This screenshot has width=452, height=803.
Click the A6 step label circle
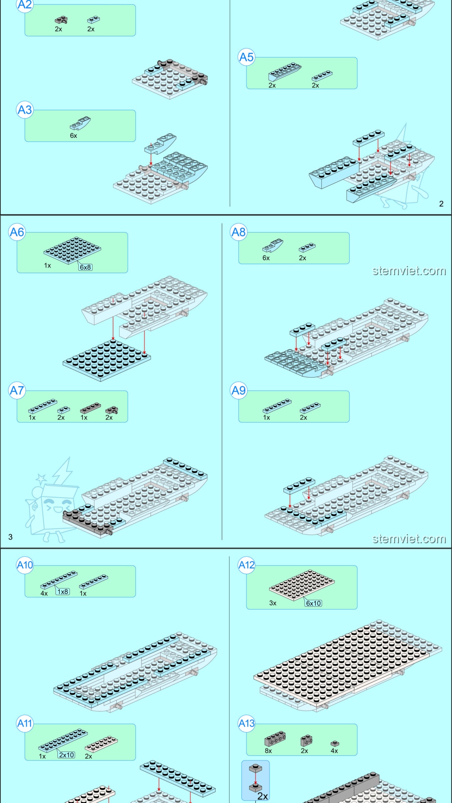tap(17, 232)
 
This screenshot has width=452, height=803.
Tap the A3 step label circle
tap(25, 110)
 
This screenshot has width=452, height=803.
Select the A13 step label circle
tap(247, 723)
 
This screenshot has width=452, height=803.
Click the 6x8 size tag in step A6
tap(85, 267)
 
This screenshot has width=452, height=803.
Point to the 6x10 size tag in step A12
tap(313, 603)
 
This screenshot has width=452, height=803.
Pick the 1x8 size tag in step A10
tap(63, 592)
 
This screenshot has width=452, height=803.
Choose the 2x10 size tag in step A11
tap(67, 755)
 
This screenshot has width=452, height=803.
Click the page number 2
tap(441, 204)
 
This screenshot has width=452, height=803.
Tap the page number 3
tap(10, 537)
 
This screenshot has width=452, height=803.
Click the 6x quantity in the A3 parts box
tap(74, 136)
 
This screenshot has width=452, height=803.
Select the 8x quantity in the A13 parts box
tap(268, 751)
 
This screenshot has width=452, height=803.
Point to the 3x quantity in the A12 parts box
tap(273, 603)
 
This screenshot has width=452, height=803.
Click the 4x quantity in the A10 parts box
tap(44, 593)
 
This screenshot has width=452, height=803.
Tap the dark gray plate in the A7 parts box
tap(90, 408)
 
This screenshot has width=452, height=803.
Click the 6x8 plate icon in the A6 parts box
tap(72, 250)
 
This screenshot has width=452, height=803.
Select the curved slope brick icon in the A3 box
tap(80, 123)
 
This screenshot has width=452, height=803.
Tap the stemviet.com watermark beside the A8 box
tap(409, 271)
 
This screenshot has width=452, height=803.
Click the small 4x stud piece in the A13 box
tap(335, 744)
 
